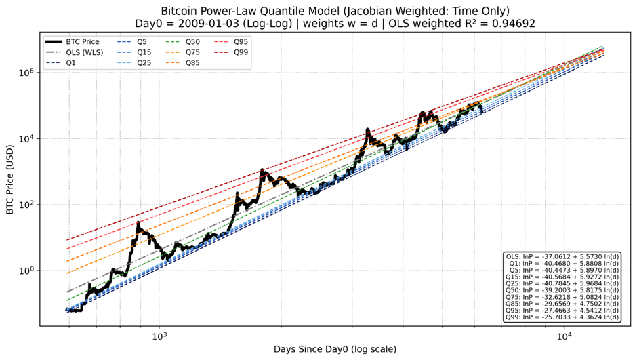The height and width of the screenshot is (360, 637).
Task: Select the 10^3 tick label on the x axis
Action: coord(159,336)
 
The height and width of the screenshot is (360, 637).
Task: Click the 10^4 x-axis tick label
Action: coord(563,336)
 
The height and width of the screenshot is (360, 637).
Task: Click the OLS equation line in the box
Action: coord(562,257)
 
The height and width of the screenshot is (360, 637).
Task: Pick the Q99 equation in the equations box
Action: coord(562,317)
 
